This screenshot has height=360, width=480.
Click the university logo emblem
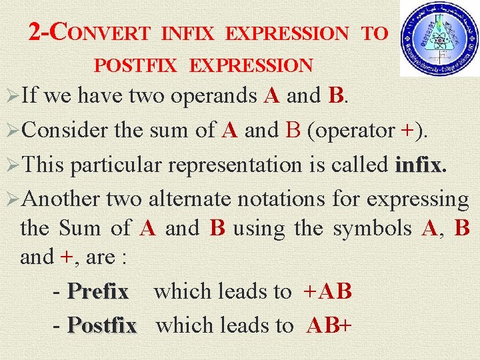[439, 39]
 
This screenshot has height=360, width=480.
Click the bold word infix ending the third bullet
[419, 164]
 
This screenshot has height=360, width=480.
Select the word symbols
[372, 229]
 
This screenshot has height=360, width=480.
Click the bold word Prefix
[98, 291]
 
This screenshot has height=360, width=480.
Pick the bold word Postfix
[102, 325]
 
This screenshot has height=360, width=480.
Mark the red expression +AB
[327, 291]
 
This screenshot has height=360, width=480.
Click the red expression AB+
[329, 325]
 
